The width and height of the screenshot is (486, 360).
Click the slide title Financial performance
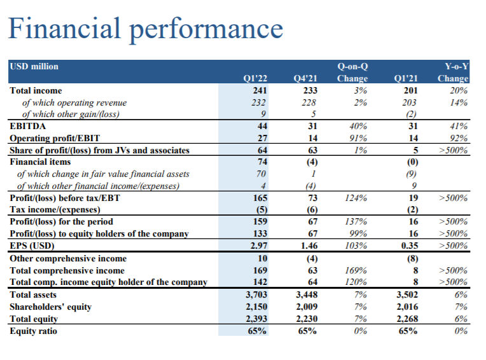[144, 29]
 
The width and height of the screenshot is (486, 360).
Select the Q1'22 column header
[255, 79]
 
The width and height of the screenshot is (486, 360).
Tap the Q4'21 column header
[306, 79]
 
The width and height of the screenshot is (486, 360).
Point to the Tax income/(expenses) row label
[55, 210]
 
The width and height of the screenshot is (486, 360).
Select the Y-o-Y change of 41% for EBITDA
[458, 127]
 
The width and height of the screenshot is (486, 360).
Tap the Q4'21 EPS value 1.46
[308, 246]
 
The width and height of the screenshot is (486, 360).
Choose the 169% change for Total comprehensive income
[358, 271]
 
